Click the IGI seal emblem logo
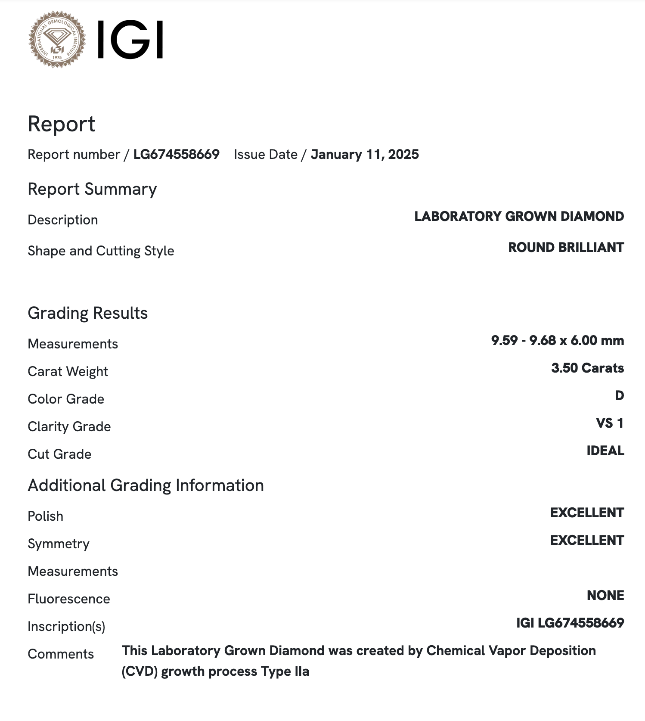pos(57,40)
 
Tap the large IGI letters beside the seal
pos(130,40)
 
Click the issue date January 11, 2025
pos(365,155)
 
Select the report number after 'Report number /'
pos(177,155)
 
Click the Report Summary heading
pos(92,189)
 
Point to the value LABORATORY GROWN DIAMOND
pos(519,216)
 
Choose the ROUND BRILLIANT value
pos(566,247)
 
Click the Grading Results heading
pos(87,313)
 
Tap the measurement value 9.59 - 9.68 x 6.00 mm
pos(557,341)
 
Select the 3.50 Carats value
pos(587,368)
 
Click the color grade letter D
pos(619,396)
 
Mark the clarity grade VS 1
pos(610,423)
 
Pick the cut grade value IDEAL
pos(605,451)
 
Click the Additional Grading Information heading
pos(146,485)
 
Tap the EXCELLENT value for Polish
pos(587,513)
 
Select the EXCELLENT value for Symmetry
pos(587,541)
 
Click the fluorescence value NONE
pos(605,596)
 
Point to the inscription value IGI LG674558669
pos(570,623)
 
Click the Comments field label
pos(61,654)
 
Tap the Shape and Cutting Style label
pos(101,251)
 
